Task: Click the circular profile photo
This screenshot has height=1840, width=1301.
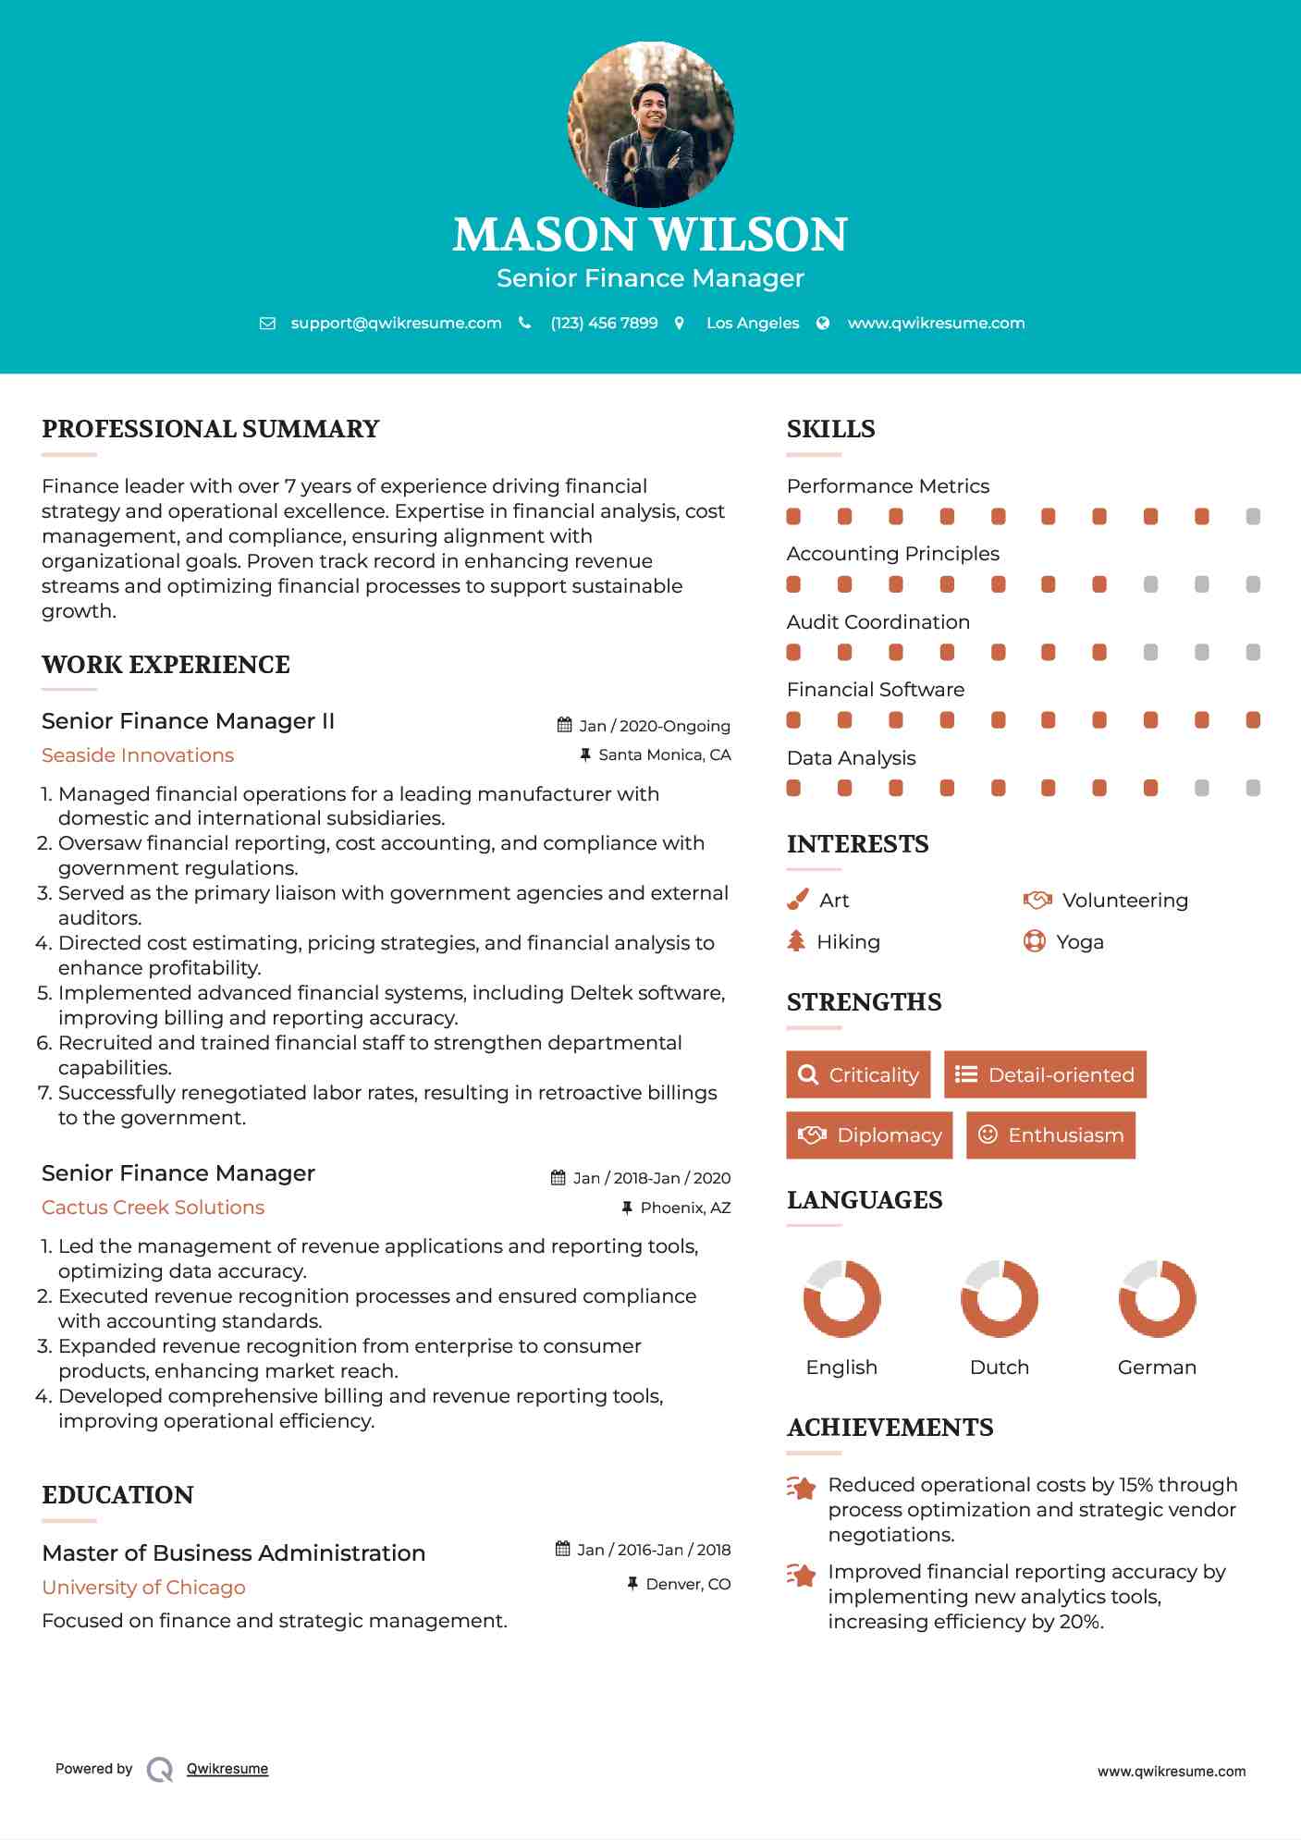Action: coord(650,124)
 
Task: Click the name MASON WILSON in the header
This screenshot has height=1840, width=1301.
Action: coord(650,235)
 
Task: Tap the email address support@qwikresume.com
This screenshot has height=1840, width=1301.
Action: coord(396,323)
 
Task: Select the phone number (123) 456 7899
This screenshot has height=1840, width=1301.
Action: coord(604,323)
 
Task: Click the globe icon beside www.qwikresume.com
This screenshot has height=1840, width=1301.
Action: coord(823,323)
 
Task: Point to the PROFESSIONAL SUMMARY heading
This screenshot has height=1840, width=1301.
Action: coord(211,429)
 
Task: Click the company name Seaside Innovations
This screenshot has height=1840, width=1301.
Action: coord(138,755)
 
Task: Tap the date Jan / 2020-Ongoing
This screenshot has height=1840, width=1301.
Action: coord(654,726)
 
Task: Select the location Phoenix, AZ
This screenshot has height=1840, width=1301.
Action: coord(685,1208)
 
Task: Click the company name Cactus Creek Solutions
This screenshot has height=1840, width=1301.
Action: coord(153,1208)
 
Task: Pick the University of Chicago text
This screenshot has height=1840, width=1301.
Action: coord(143,1588)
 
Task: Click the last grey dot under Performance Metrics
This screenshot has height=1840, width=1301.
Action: coord(1253,517)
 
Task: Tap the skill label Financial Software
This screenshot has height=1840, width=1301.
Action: coord(875,690)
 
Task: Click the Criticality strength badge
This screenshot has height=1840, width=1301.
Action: coord(858,1074)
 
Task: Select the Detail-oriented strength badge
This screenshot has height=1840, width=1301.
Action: coord(1045,1074)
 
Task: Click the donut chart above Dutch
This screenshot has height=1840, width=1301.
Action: coord(999,1298)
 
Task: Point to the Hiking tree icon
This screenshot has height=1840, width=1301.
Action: coord(796,941)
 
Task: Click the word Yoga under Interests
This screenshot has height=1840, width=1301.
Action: coord(1080,942)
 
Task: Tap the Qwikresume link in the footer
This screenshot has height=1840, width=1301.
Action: coord(227,1769)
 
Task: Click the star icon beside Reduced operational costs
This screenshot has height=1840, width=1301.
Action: coord(802,1488)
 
